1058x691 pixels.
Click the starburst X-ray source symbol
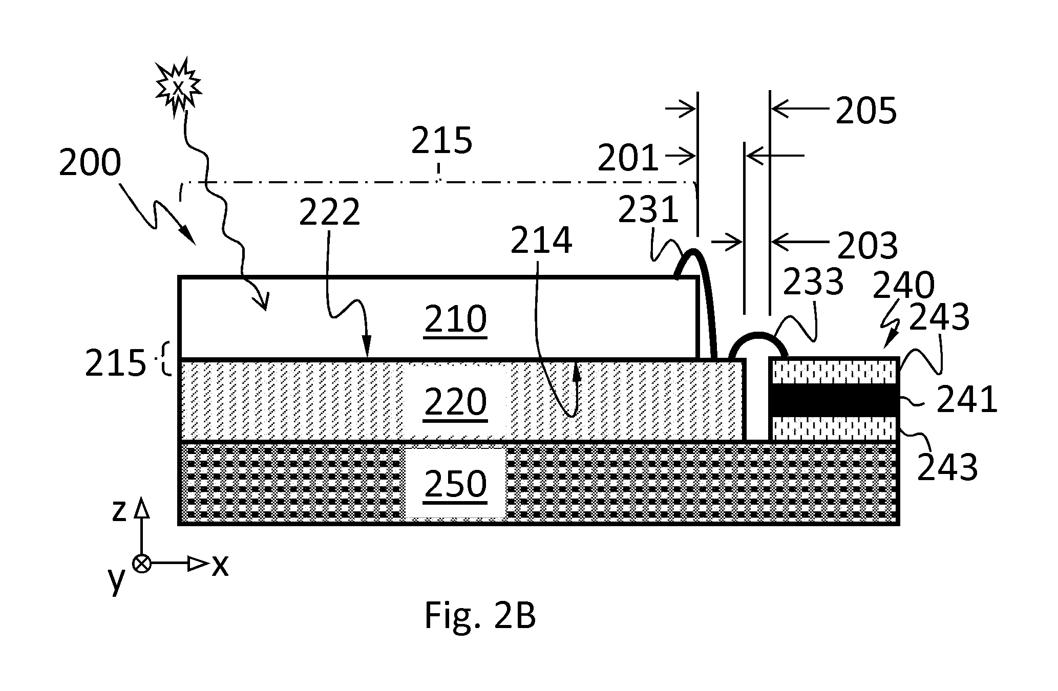point(178,88)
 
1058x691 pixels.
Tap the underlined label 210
point(456,319)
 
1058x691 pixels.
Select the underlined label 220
point(456,402)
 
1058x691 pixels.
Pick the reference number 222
point(330,212)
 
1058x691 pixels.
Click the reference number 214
point(541,241)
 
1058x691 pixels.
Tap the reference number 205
point(866,111)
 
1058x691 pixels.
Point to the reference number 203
point(867,246)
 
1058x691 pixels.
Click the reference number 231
point(648,210)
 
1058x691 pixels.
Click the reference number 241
point(967,400)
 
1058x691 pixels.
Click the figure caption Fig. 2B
point(480,617)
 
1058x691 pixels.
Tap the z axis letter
point(119,510)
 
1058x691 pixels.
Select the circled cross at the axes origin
point(142,564)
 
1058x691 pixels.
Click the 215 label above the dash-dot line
point(441,140)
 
